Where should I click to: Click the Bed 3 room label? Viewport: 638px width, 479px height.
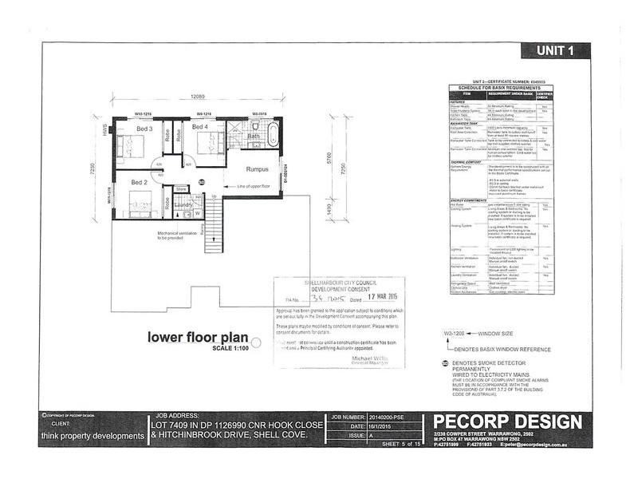pos(144,129)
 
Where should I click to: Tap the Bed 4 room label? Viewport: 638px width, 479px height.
pos(199,128)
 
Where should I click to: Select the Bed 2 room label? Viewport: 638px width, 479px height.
pos(139,182)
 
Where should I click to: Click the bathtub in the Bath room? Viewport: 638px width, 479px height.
pos(270,134)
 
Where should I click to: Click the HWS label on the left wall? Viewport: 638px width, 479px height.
pos(104,129)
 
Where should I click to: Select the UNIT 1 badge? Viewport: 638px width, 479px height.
pos(556,50)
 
